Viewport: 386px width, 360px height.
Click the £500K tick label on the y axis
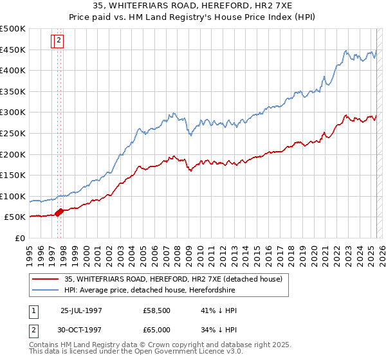coord(14,29)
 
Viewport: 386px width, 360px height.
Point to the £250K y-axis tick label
coord(14,133)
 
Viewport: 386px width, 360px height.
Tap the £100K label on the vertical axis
coord(14,196)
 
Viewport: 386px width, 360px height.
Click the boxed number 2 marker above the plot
coord(59,40)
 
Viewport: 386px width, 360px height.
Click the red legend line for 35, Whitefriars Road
coord(46,279)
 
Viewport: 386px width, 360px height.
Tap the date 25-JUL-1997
coord(81,310)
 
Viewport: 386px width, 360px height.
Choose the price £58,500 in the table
coord(156,310)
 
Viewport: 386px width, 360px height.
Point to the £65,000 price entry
coord(156,329)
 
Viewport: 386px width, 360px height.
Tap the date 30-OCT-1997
coord(81,329)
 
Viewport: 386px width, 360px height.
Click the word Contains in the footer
coord(45,345)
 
